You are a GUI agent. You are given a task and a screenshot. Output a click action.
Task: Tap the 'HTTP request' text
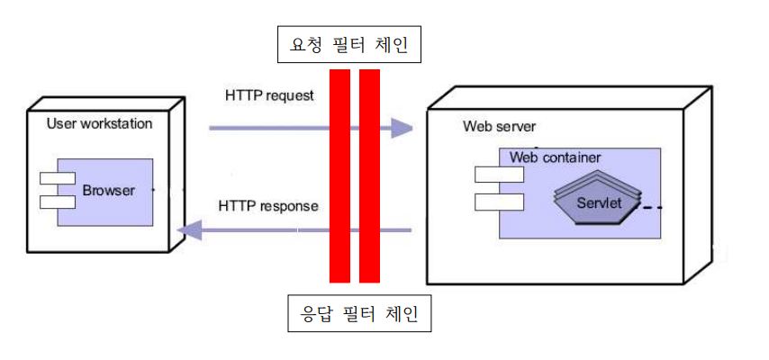click(x=269, y=94)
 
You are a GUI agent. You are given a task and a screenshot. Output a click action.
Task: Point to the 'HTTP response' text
click(x=268, y=206)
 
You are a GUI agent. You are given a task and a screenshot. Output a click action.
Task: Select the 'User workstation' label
click(x=99, y=122)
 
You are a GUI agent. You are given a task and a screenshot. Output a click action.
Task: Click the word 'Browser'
click(x=108, y=191)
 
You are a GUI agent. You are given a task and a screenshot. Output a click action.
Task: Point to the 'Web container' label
click(x=555, y=157)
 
